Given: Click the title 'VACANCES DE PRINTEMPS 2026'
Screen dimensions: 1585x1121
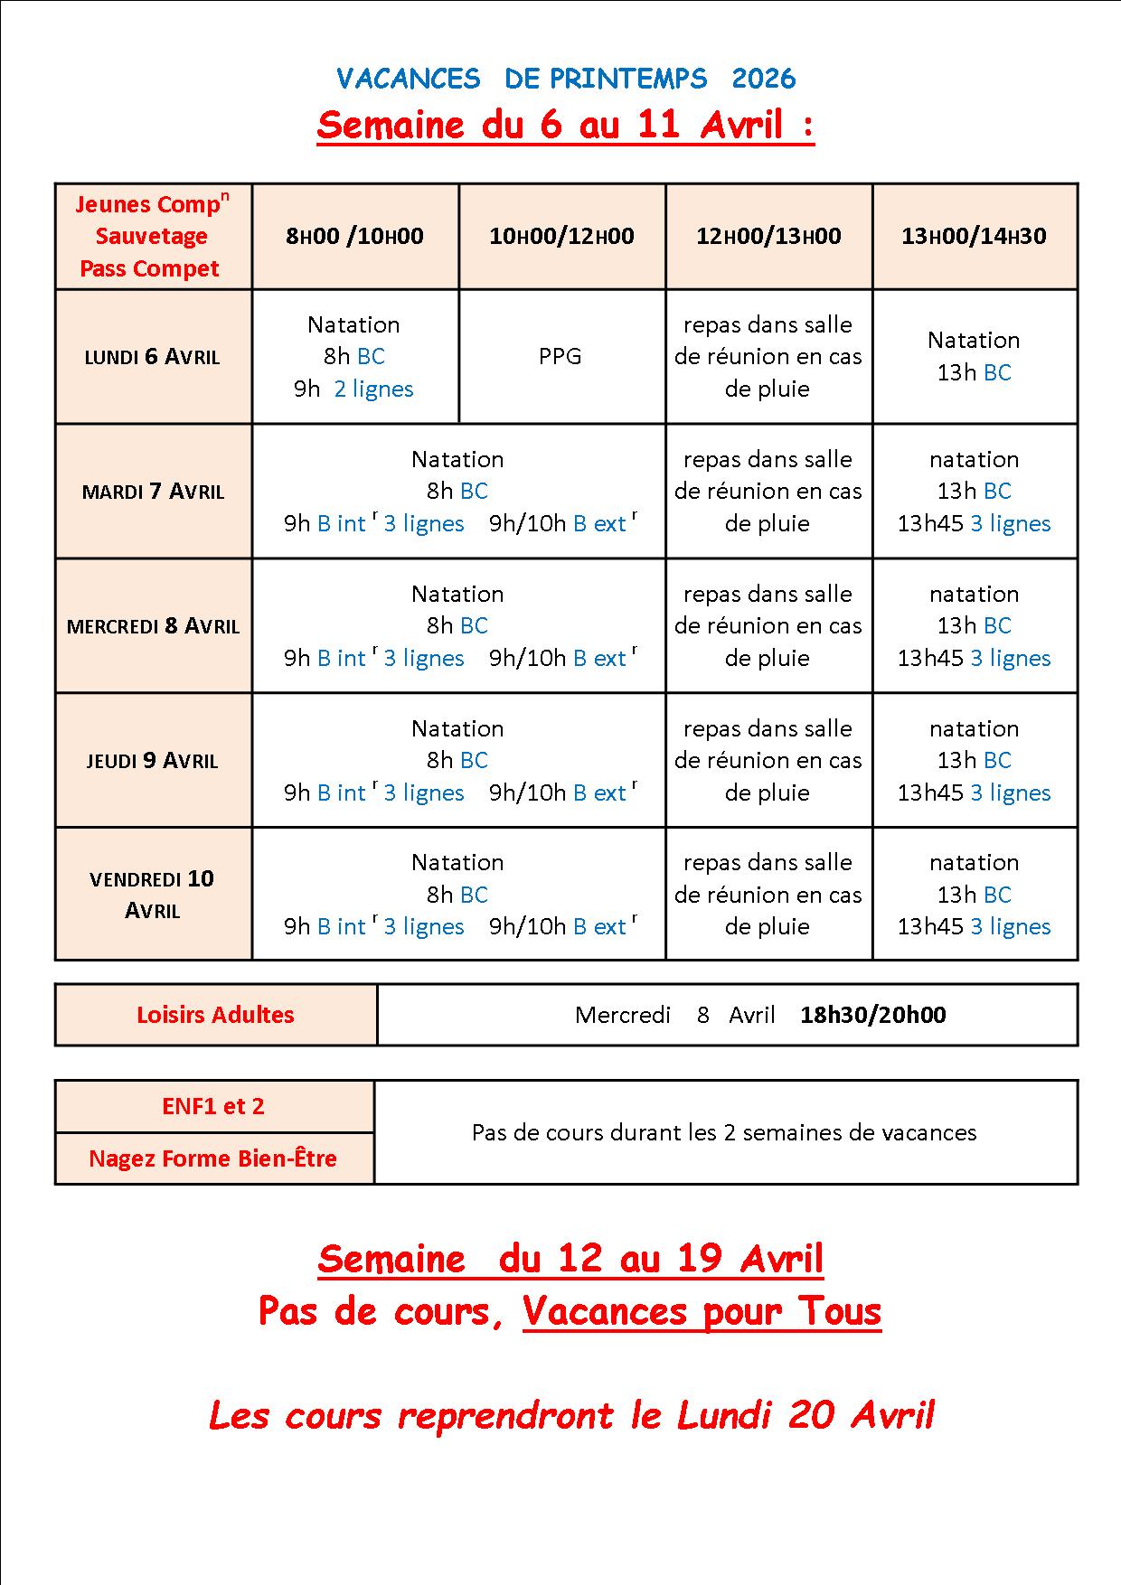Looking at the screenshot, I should point(566,79).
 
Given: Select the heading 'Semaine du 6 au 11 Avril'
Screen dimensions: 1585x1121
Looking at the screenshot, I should point(565,125).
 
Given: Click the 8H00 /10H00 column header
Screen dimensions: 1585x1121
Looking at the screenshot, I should point(354,236).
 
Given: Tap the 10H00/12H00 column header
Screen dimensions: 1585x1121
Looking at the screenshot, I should point(561,236).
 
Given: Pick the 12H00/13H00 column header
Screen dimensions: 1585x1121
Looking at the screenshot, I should point(768,236).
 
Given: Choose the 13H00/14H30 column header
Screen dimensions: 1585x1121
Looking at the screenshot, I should point(974,236).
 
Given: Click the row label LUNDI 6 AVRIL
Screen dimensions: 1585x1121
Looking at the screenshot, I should point(152,356).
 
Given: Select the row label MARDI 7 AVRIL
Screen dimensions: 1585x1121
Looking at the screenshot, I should point(152,491).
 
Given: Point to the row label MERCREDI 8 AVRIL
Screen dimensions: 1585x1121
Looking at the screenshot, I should point(153,625).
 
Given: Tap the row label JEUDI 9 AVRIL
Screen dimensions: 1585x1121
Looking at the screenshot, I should point(152,760).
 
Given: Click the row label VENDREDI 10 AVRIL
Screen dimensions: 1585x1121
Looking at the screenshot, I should point(152,894).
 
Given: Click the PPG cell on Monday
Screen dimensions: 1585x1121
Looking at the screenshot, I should point(560,356).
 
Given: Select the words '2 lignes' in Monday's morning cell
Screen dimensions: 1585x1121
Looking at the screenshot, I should point(373,389).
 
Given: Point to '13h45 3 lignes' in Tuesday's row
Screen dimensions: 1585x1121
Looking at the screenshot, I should point(974,523).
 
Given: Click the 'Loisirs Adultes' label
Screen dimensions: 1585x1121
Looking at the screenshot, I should point(215,1014).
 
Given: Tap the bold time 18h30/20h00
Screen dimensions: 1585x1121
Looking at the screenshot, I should point(872,1014).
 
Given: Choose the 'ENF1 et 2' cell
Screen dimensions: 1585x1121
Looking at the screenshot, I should point(213,1106).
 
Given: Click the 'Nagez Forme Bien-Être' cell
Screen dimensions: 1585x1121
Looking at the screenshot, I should point(213,1158).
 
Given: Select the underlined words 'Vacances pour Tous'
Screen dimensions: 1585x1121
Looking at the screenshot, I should point(702,1310).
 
